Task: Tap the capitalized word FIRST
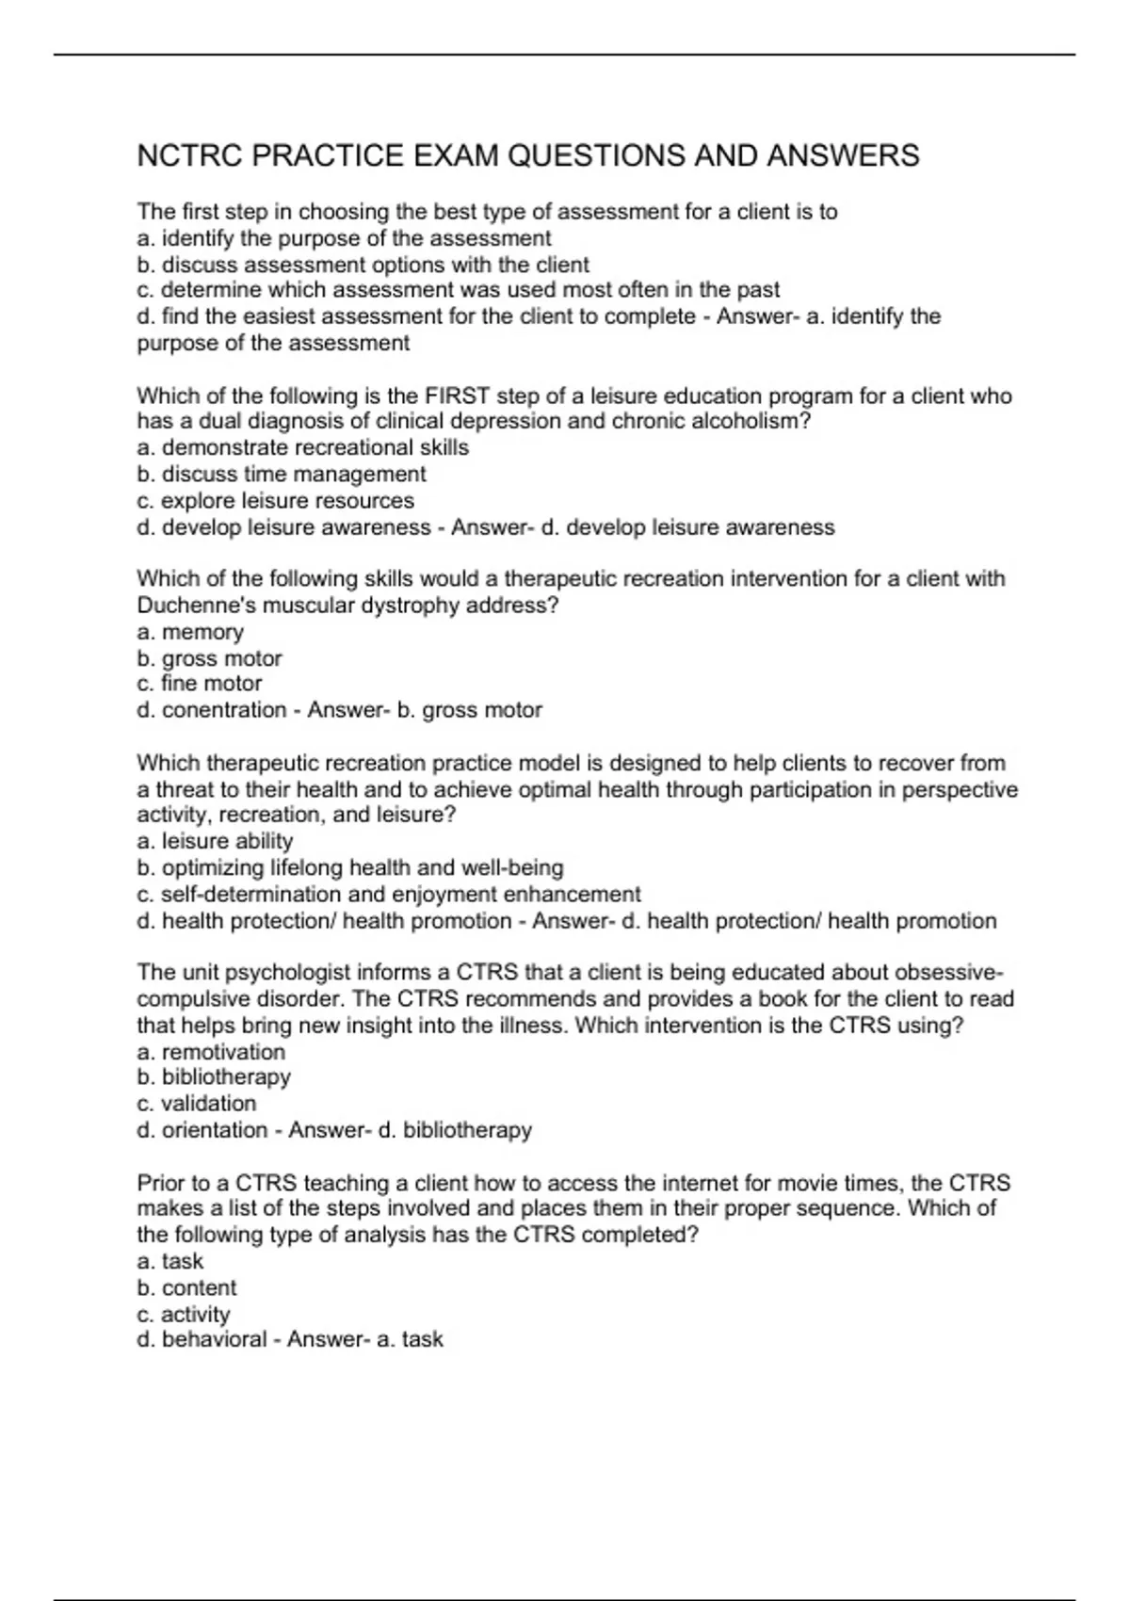(458, 396)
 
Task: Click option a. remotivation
(211, 1051)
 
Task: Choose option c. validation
(196, 1103)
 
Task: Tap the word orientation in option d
(215, 1129)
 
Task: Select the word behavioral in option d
(214, 1339)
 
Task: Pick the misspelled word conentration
(224, 709)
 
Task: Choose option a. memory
(190, 632)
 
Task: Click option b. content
(186, 1287)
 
